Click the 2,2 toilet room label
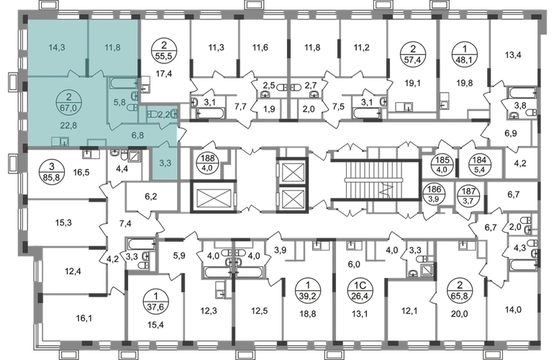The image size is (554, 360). (163, 114)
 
